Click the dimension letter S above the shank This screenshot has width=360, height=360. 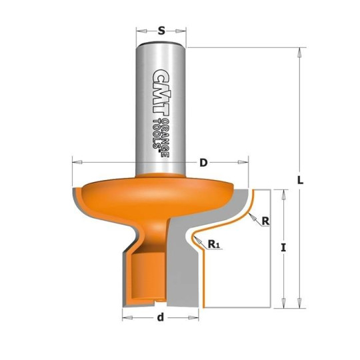(x=161, y=30)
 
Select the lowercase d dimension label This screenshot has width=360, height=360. (x=160, y=317)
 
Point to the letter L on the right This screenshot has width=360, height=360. (x=301, y=180)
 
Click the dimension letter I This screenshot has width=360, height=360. (x=284, y=247)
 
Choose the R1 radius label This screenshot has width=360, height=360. (x=215, y=245)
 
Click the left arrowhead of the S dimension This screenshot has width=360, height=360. (x=138, y=30)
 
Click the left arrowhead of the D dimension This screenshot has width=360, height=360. (x=74, y=162)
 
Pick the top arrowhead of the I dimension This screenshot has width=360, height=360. (x=284, y=192)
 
